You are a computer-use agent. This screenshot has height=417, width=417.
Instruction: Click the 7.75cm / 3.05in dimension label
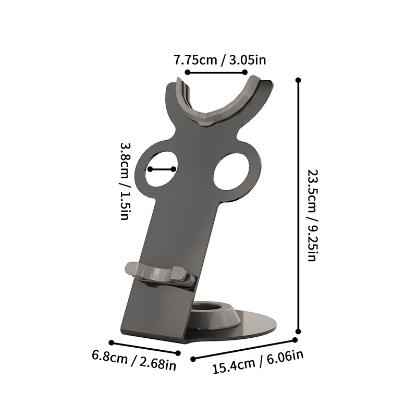[220, 60]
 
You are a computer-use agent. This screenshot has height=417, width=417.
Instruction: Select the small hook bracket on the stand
[157, 274]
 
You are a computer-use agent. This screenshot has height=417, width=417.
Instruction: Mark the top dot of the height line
[298, 80]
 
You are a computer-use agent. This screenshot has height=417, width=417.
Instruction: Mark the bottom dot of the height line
[298, 330]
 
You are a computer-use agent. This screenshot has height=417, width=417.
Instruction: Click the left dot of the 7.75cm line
[187, 73]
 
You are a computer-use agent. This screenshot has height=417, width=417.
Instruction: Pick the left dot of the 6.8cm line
[114, 343]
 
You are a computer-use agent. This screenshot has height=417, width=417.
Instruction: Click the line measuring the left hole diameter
[161, 169]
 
